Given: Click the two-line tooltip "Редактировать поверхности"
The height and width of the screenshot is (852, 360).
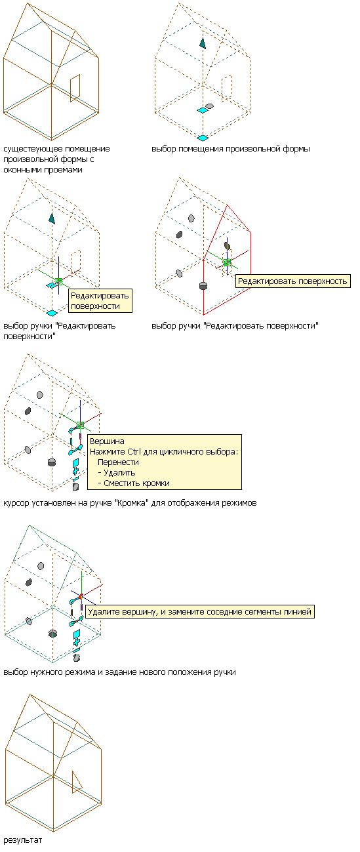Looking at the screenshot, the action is coord(100,301).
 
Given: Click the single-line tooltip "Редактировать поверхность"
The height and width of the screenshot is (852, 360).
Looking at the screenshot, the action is coord(292,281).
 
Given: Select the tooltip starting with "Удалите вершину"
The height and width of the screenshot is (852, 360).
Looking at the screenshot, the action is coord(200,611).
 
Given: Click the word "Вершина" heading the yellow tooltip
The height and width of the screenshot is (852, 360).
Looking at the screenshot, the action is coord(107,441).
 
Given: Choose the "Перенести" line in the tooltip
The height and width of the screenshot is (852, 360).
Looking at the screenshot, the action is coord(118,462).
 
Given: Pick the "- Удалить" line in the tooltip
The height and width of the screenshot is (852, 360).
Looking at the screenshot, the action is coord(116,473).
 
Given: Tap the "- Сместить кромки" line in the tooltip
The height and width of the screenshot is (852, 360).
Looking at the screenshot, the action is coord(133,483).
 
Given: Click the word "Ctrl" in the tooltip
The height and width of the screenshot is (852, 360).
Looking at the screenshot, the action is coord(134,452).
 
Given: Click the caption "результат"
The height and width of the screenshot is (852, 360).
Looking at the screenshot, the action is coord(22,840).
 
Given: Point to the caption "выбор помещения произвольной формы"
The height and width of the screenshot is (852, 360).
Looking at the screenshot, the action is coord(231,149).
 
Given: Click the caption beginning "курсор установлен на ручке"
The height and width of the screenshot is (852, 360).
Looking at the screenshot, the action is coord(130,503).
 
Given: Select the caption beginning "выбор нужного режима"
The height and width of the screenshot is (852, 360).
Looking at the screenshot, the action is coord(119,672).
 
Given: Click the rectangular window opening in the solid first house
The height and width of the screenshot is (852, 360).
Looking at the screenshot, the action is coord(75,89).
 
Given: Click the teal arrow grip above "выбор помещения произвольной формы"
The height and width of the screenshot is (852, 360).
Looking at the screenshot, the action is coord(203,43).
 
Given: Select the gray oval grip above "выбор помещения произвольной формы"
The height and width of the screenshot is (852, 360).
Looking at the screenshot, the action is coord(209,106).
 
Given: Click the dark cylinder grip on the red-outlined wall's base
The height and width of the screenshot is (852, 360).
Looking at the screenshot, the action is coord(203,285).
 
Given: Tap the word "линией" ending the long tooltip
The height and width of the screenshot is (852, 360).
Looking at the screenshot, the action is coord(298,611).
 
